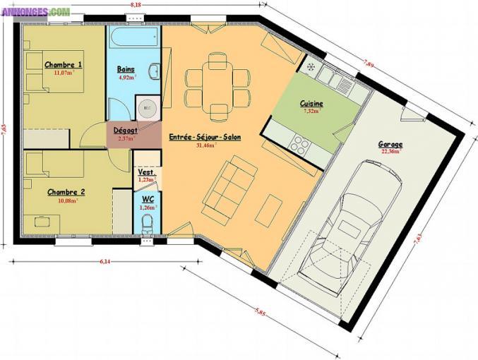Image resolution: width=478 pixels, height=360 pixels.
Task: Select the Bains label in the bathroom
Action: tap(126, 69)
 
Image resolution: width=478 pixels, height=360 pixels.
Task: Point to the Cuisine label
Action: tap(311, 103)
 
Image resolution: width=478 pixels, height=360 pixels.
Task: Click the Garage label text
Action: tap(390, 144)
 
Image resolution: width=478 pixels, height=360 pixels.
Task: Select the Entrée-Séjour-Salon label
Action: tap(205, 136)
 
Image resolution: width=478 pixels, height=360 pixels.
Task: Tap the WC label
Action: tap(147, 200)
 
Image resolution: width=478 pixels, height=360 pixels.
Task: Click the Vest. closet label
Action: tap(146, 172)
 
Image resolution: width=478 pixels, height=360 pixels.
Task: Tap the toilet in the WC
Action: tap(147, 224)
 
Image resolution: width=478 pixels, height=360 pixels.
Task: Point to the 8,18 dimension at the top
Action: tap(135, 5)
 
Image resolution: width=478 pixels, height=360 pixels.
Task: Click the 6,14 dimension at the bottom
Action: tap(104, 260)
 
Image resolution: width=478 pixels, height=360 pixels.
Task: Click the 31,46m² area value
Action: tap(205, 145)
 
